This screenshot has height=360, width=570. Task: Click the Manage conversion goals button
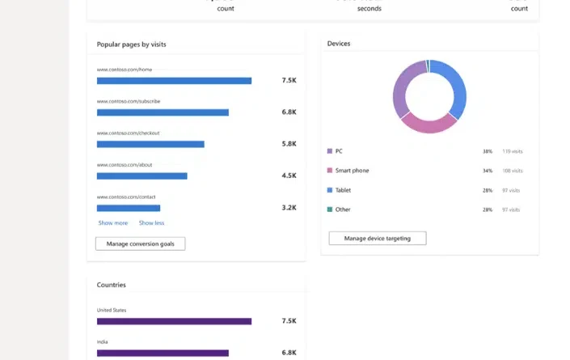coord(140,244)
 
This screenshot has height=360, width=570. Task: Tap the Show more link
coord(113,223)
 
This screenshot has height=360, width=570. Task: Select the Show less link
coord(151,223)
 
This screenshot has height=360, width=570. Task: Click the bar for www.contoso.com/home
coord(174,81)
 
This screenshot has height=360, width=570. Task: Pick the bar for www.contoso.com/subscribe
coord(163,112)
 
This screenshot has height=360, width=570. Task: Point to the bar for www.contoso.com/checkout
coord(150,144)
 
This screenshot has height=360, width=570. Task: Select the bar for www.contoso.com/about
coord(141,176)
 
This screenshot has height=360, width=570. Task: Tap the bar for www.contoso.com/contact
coord(129,208)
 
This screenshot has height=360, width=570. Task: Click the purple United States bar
coord(174,321)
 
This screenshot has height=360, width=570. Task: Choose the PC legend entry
coord(339,151)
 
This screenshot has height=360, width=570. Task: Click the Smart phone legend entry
coord(352,171)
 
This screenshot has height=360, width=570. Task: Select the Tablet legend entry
coord(343,190)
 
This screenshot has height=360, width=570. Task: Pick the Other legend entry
coord(343,210)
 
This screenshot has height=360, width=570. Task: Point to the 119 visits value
coord(513,151)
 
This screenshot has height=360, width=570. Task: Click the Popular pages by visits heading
coord(131,44)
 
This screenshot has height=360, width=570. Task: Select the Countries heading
coord(112,285)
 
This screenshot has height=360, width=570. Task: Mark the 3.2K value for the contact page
coord(289,208)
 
